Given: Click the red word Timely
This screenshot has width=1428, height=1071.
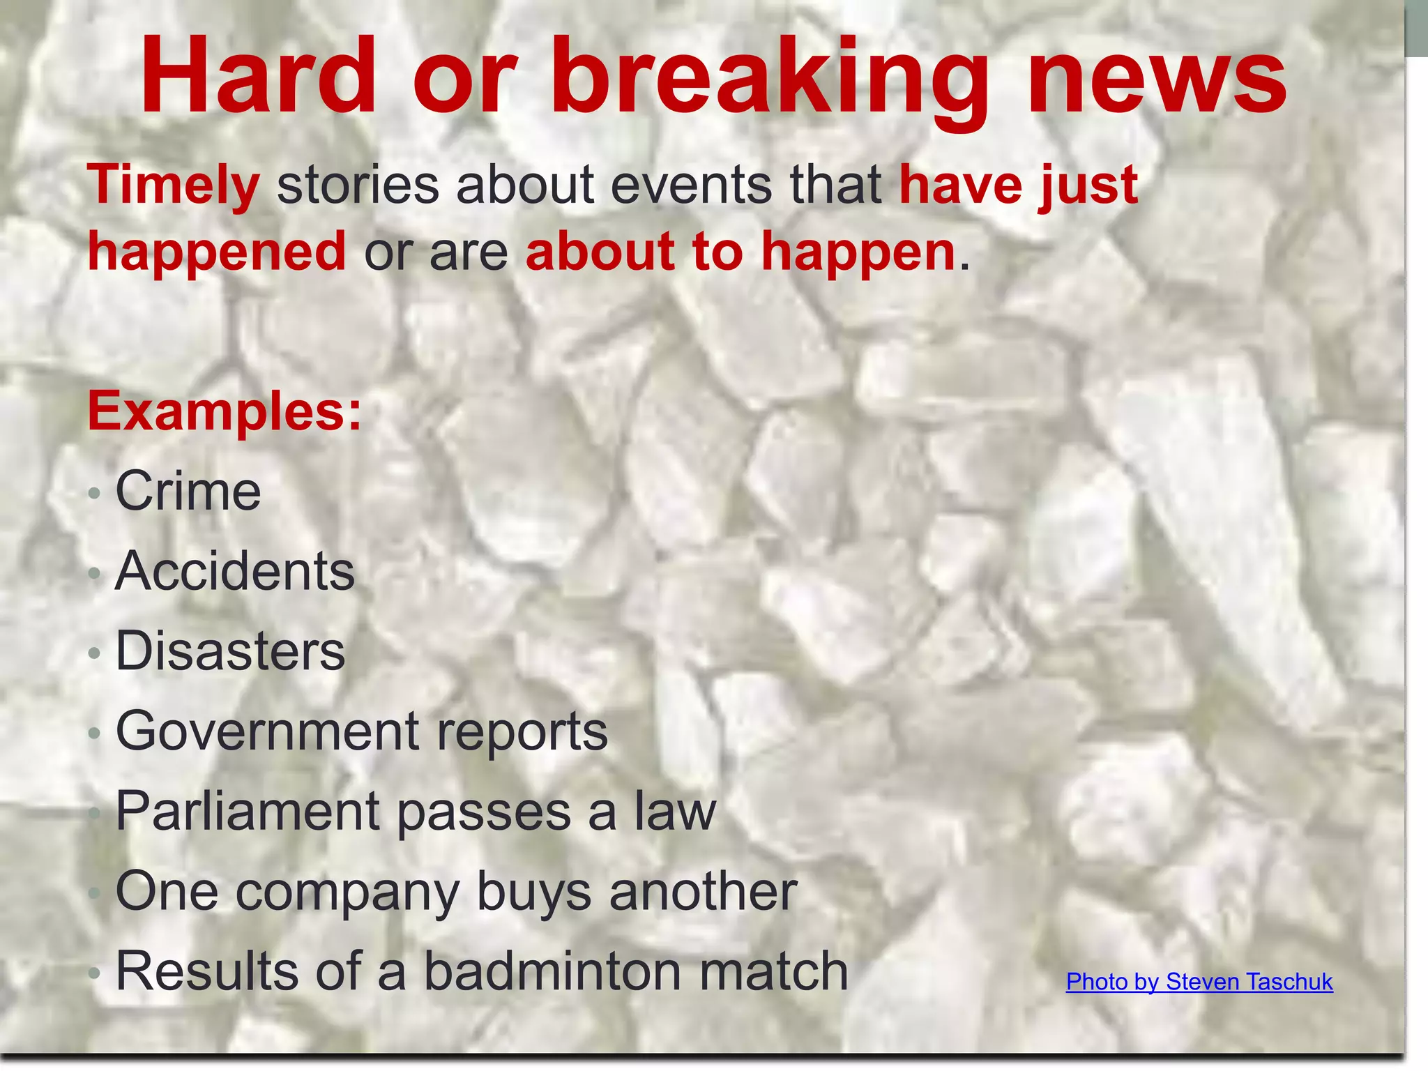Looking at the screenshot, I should coord(174,185).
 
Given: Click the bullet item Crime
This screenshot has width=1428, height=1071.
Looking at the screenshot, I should coord(188,492).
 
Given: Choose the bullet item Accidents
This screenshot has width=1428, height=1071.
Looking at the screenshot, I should coord(235,571).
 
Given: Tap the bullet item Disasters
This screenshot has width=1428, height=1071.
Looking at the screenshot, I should coord(230,651).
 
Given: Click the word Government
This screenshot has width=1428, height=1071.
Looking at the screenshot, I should coord(268,731).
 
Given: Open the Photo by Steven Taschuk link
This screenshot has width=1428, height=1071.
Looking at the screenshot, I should coord(1199,982).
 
